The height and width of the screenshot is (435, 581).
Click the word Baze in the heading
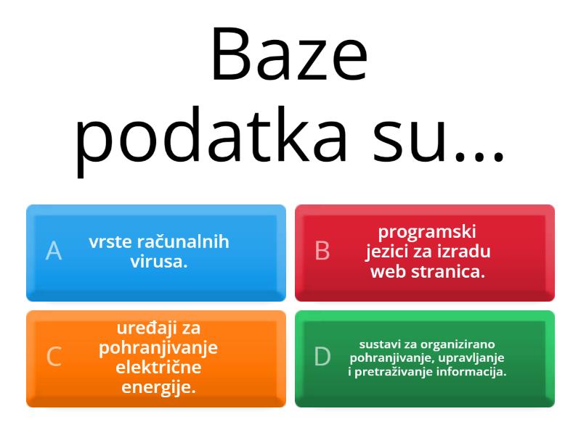tap(289, 56)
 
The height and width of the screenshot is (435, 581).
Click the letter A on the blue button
tap(54, 251)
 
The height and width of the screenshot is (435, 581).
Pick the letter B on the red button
tap(322, 251)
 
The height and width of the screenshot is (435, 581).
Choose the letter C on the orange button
tap(54, 357)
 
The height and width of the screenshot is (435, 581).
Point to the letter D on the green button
tap(322, 357)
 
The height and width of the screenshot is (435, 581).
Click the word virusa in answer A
tap(159, 262)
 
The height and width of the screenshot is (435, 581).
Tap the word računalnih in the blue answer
tap(187, 242)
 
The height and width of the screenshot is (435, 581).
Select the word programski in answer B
tap(427, 232)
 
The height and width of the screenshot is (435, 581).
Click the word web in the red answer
tap(386, 272)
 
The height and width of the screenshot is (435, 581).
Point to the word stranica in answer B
tap(444, 272)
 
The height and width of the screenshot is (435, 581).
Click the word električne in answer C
tap(158, 368)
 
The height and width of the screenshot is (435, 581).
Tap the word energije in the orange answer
tap(158, 387)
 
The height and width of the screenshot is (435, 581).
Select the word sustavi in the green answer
tap(378, 344)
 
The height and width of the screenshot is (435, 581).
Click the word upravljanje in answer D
tap(476, 358)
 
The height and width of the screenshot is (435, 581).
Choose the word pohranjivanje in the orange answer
tap(158, 348)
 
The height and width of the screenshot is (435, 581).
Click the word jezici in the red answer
tap(388, 252)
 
